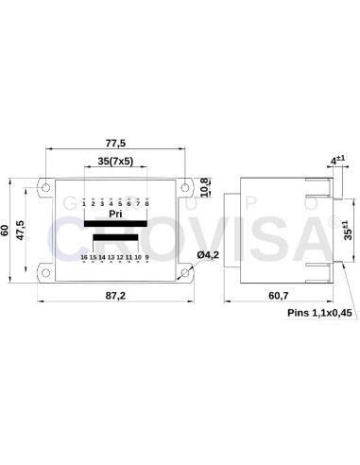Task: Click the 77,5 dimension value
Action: (115, 142)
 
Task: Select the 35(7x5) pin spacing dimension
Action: (115, 162)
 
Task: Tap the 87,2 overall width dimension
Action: (115, 296)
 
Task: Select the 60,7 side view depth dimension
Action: (278, 296)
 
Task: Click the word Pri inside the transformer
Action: (115, 215)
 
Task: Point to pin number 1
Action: (84, 202)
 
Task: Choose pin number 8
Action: (146, 202)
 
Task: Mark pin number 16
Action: (84, 257)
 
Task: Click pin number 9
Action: (147, 257)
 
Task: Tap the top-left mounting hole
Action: (43, 184)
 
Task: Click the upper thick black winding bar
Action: (115, 224)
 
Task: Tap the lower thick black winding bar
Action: (115, 237)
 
